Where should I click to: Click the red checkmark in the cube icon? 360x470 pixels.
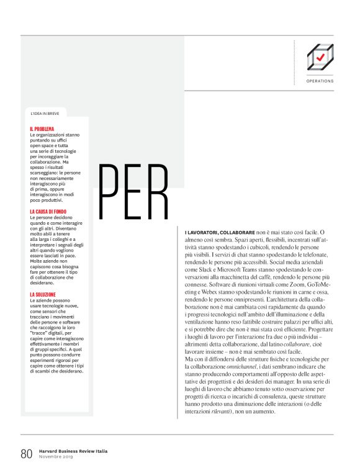tap(320, 57)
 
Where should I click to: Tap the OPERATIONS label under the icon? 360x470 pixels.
tap(320, 81)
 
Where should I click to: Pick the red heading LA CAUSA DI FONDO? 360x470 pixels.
tap(49, 212)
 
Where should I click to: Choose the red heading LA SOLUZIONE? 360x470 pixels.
tap(43, 294)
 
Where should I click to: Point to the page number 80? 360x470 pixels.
tap(26, 453)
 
